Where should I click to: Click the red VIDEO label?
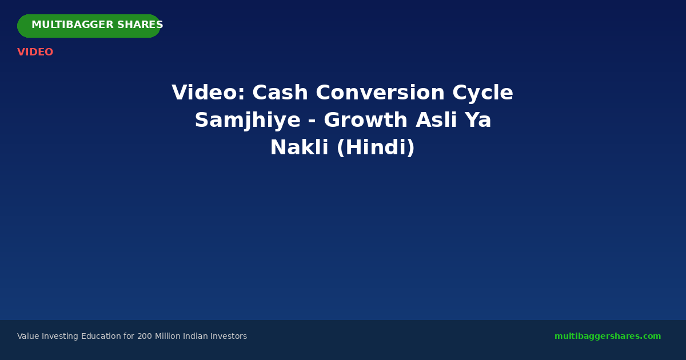point(35,52)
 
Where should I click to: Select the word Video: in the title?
point(209,93)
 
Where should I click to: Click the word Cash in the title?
point(280,93)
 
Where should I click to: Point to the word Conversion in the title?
point(380,93)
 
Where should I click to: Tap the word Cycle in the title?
point(482,93)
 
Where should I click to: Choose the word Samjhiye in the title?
point(248,120)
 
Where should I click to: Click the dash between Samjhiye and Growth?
point(312,121)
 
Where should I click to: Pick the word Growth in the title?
point(366,119)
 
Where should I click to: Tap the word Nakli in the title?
point(299,147)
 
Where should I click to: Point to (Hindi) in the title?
point(376,147)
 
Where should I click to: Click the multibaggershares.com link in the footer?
point(608,336)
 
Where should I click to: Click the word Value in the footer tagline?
point(28,336)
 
